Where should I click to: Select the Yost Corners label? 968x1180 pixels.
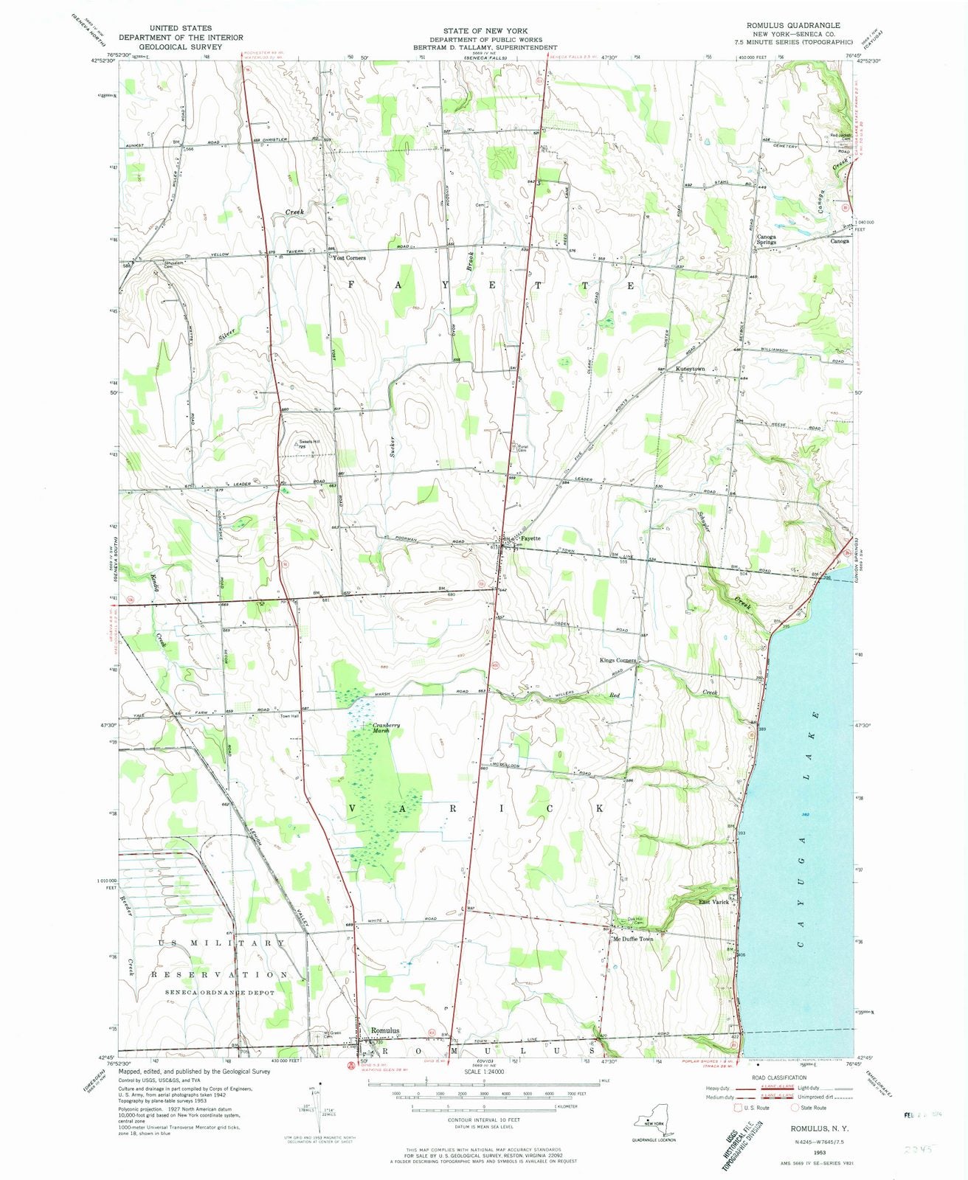click(349, 258)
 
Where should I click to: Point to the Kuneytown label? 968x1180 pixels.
click(686, 369)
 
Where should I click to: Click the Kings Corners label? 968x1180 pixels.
click(618, 660)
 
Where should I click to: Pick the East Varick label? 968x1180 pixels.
click(713, 902)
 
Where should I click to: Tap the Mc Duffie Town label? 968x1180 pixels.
click(632, 939)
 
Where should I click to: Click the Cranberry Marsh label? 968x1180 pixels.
click(386, 728)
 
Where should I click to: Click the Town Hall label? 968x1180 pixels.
click(288, 716)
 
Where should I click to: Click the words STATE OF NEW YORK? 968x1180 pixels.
click(485, 31)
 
